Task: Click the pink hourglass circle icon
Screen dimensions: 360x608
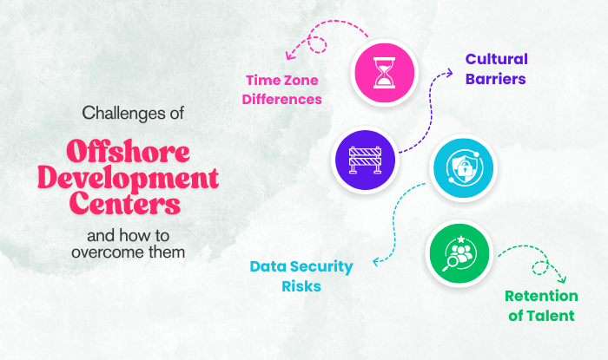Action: click(x=383, y=74)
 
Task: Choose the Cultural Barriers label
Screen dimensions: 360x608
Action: click(x=496, y=69)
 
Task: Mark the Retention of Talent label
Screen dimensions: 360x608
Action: click(x=541, y=305)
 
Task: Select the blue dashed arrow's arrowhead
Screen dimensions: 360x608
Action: click(x=374, y=260)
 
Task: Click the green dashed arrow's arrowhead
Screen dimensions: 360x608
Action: click(x=561, y=278)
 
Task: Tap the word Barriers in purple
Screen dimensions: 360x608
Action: click(x=496, y=80)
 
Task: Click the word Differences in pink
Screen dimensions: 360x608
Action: click(x=281, y=99)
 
